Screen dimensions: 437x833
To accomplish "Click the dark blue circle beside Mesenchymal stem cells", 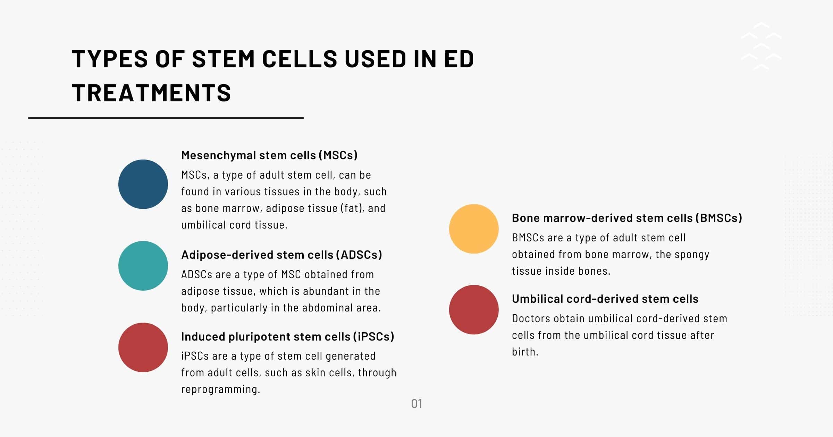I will [x=143, y=184].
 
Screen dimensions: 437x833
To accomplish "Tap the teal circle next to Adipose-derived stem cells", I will [x=143, y=266].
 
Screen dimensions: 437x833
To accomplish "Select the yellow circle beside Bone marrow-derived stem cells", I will [x=474, y=229].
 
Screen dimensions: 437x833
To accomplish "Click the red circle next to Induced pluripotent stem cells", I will [x=143, y=348].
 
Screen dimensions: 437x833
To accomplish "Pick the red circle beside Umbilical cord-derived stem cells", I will [x=474, y=310].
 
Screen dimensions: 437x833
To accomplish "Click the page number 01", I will [x=416, y=404].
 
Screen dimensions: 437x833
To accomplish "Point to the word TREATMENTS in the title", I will [x=151, y=93].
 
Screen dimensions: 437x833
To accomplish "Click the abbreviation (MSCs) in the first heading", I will [x=338, y=155].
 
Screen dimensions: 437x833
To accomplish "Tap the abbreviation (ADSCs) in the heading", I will [x=359, y=255].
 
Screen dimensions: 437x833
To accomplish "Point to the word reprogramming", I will [x=220, y=389].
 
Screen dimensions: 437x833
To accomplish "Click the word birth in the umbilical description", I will [x=524, y=352].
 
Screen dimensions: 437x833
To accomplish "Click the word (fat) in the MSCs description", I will [x=352, y=208].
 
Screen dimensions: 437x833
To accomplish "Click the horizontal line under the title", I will [x=166, y=118].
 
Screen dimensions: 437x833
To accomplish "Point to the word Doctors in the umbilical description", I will [x=531, y=318].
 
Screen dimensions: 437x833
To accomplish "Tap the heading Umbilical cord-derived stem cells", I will [x=605, y=299].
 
